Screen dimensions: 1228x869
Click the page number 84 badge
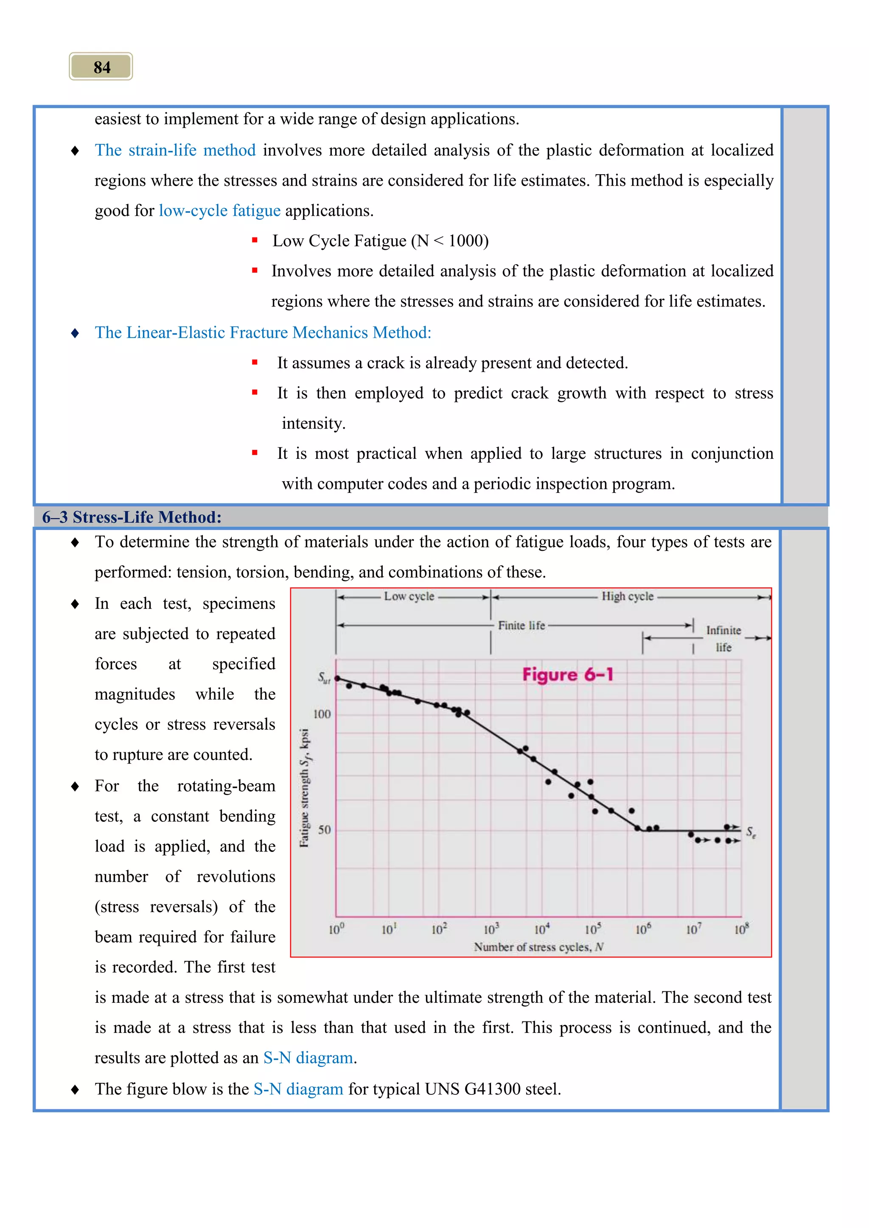click(101, 67)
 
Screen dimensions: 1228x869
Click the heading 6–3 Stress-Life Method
click(132, 517)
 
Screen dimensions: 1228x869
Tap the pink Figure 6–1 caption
click(567, 675)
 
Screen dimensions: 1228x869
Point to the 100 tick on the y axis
click(322, 714)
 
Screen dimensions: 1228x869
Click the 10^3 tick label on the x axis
click(491, 929)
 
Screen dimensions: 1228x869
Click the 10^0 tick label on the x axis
click(336, 929)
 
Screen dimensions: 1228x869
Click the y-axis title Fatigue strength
click(304, 788)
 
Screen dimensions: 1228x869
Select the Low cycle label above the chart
click(409, 596)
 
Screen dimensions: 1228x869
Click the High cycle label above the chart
click(627, 596)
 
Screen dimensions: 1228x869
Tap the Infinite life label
click(723, 638)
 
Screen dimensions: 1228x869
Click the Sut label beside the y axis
click(324, 678)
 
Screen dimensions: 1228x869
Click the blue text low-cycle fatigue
click(219, 211)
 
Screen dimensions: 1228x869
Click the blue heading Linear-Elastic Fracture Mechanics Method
click(263, 333)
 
